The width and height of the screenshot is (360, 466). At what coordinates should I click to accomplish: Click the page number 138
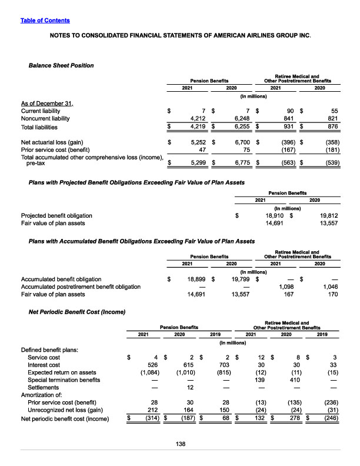[179, 444]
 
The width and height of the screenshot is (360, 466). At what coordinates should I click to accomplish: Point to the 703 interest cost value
[218, 364]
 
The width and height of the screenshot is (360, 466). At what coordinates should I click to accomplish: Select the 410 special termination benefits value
[288, 380]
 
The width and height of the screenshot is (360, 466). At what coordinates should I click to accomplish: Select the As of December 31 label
[47, 103]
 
